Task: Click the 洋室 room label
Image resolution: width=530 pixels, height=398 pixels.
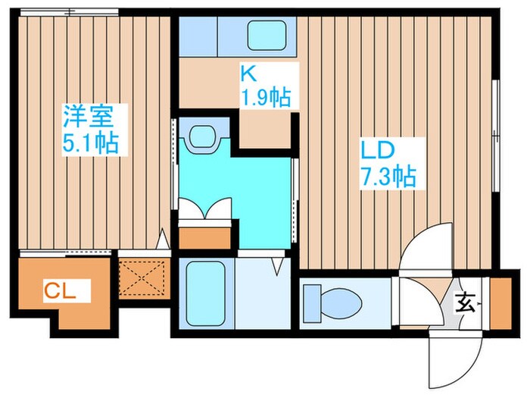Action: [90, 118]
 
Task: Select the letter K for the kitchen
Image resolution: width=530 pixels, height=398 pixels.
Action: [248, 74]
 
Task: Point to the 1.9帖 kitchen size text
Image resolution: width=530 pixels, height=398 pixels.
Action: [266, 97]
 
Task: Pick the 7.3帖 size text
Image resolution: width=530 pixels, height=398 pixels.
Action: [386, 177]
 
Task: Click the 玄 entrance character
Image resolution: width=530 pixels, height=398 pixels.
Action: [464, 305]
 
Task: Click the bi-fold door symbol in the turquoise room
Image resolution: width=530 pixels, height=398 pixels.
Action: [204, 209]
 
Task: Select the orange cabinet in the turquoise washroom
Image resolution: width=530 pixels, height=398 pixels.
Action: [204, 237]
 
